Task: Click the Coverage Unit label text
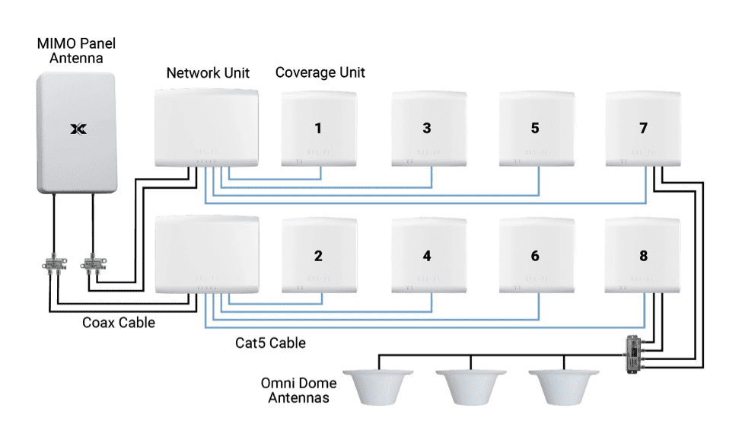pyautogui.click(x=320, y=73)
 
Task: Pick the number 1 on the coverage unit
pyautogui.click(x=319, y=129)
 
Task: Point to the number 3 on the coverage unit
pyautogui.click(x=427, y=129)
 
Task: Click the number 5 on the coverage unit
pyautogui.click(x=535, y=129)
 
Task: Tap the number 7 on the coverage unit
pyautogui.click(x=643, y=129)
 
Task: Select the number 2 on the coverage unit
pyautogui.click(x=319, y=257)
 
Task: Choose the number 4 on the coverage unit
pyautogui.click(x=427, y=257)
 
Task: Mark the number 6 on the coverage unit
pyautogui.click(x=535, y=257)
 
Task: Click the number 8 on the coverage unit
pyautogui.click(x=643, y=257)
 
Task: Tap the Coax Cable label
pyautogui.click(x=119, y=323)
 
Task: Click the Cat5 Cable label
pyautogui.click(x=270, y=343)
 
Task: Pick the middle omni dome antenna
pyautogui.click(x=471, y=386)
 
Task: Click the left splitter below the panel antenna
pyautogui.click(x=53, y=266)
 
